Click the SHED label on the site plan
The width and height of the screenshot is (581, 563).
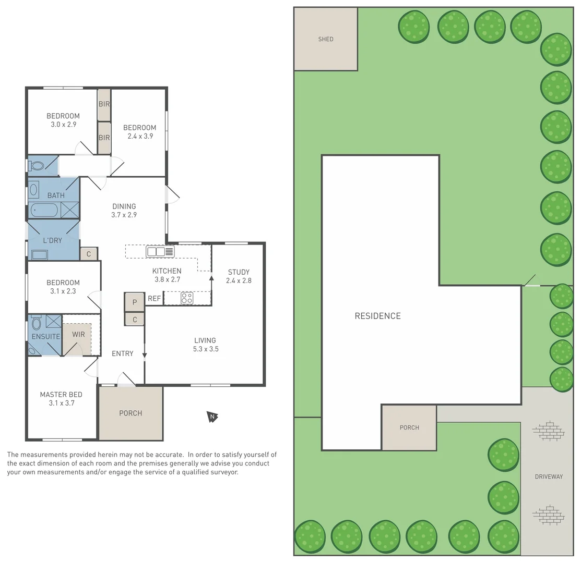(326, 39)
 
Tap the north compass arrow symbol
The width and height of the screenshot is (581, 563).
(212, 417)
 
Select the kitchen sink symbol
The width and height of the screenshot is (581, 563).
(160, 252)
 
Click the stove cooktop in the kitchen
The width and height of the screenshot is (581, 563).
(187, 298)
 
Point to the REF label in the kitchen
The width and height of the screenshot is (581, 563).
(155, 299)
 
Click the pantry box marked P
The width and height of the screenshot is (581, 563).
(134, 302)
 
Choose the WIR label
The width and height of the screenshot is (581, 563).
(78, 334)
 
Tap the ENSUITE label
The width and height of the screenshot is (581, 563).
(45, 337)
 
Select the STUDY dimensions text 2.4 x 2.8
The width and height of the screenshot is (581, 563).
(239, 281)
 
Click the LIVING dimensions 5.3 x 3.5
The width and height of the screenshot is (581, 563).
(206, 349)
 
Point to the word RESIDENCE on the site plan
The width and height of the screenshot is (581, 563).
(377, 316)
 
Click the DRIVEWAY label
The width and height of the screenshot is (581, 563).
(549, 476)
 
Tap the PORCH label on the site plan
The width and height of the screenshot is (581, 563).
(409, 427)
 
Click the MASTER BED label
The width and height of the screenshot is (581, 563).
(61, 395)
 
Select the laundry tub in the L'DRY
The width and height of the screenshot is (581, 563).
(39, 254)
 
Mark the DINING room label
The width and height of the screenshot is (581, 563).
(124, 206)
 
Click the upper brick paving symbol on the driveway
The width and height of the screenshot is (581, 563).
(549, 431)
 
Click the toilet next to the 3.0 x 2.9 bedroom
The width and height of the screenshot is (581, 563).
(36, 165)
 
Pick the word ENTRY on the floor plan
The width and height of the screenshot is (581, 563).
(123, 353)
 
